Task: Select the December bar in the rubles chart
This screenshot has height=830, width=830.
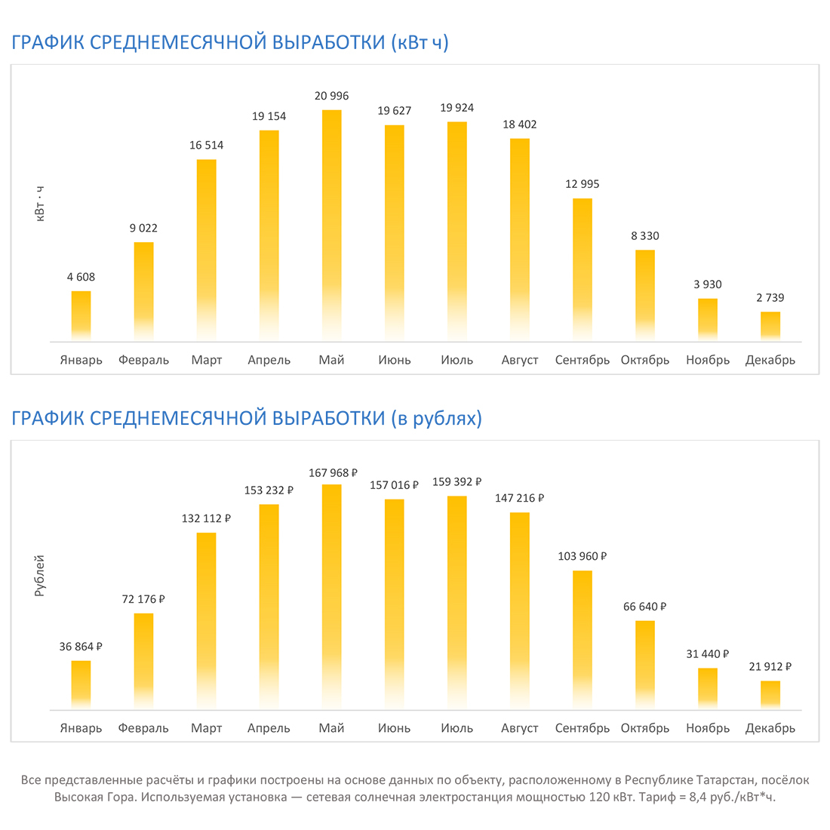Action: point(770,694)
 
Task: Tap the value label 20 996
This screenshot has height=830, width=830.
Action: point(331,96)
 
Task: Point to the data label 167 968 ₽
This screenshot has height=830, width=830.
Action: point(333,473)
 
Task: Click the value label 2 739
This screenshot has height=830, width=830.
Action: point(770,298)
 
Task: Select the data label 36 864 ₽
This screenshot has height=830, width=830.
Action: point(81,647)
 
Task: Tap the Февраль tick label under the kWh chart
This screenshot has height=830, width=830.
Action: point(143,360)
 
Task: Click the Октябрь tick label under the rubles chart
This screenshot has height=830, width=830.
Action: point(644,728)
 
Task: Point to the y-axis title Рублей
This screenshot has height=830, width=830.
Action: point(40,576)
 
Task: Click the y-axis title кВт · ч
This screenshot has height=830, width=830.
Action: point(40,204)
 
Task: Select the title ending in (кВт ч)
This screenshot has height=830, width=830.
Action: point(230,42)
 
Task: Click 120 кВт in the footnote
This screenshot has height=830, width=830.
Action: point(612,798)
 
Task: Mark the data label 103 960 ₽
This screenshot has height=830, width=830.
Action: point(583,556)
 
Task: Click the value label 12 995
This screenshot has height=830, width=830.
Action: point(582,184)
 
